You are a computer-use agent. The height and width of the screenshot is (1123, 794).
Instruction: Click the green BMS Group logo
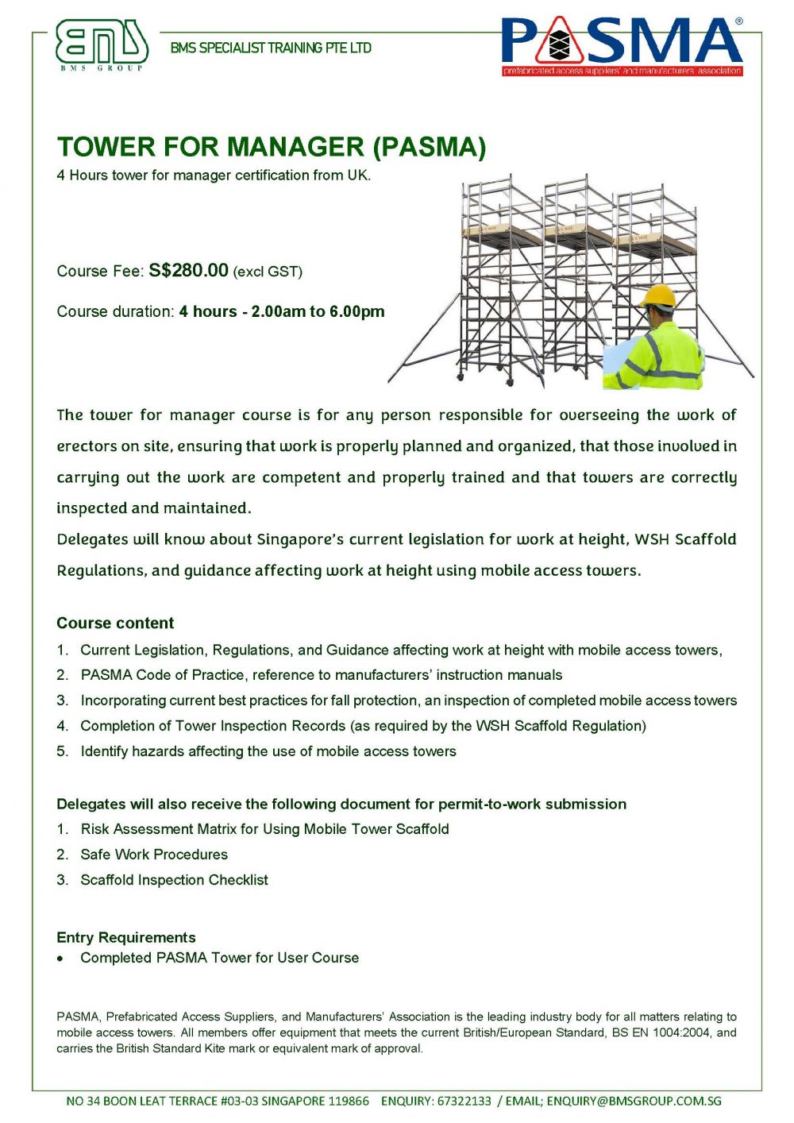pos(102,44)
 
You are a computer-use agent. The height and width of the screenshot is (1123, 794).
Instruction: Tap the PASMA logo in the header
pos(622,46)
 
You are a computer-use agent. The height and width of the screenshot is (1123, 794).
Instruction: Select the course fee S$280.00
pos(188,270)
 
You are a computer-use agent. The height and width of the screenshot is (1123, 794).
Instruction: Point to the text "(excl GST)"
pos(268,272)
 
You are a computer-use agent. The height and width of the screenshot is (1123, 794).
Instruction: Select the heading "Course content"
pos(115,623)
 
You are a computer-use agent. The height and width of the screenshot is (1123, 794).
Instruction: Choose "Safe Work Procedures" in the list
pos(154,855)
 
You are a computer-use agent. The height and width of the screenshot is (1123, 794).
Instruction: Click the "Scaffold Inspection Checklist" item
pos(174,880)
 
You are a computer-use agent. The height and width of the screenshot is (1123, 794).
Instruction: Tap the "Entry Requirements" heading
pos(125,937)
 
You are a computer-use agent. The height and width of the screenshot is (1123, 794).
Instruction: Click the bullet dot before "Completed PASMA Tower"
pos(61,959)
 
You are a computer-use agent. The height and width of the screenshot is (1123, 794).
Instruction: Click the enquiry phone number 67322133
pos(464,1101)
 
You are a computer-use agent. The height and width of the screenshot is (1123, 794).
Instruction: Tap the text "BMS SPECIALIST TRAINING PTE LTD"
pos(271,48)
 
